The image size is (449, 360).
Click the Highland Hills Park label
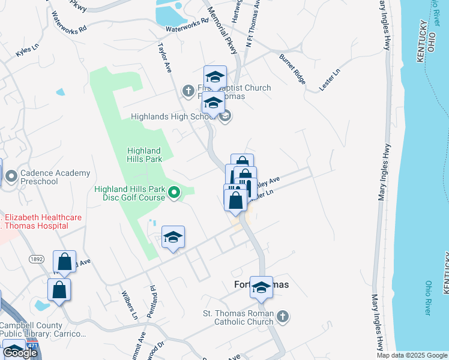pyautogui.click(x=144, y=155)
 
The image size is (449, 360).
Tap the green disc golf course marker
pyautogui.click(x=174, y=193)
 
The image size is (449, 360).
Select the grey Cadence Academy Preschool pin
pyautogui.click(x=11, y=176)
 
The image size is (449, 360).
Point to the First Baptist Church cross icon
pyautogui.click(x=188, y=91)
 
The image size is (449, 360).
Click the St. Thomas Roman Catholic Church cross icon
pyautogui.click(x=283, y=316)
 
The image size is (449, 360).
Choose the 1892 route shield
pyautogui.click(x=36, y=259)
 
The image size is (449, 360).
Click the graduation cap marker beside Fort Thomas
pyautogui.click(x=261, y=288)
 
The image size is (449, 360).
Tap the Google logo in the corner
pyautogui.click(x=20, y=353)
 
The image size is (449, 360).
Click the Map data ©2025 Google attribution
pyautogui.click(x=412, y=355)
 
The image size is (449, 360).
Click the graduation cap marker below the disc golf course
pyautogui.click(x=173, y=238)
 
